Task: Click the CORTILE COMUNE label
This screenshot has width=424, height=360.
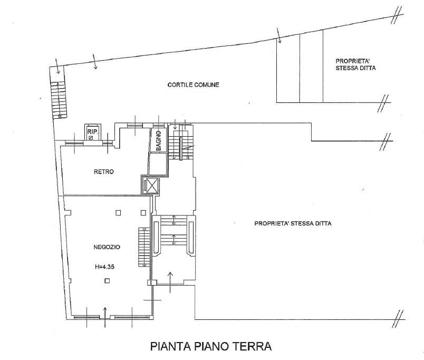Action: pyautogui.click(x=194, y=85)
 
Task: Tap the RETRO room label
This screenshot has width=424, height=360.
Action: pyautogui.click(x=104, y=172)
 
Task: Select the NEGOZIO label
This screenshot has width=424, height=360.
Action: pyautogui.click(x=107, y=247)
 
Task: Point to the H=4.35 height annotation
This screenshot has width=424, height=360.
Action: pyautogui.click(x=104, y=267)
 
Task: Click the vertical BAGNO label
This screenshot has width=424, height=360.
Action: pyautogui.click(x=158, y=140)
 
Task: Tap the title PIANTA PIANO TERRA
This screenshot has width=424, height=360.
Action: pyautogui.click(x=211, y=346)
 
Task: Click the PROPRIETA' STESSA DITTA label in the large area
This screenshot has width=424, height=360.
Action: pyautogui.click(x=293, y=224)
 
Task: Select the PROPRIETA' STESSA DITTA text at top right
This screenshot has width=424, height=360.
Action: pyautogui.click(x=355, y=64)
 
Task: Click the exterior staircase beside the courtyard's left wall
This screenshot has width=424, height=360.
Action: pyautogui.click(x=59, y=99)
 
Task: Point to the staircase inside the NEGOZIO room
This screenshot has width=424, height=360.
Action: pyautogui.click(x=144, y=247)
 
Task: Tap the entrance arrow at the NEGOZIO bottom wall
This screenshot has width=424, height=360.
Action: pyautogui.click(x=105, y=317)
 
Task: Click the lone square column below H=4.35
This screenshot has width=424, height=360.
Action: pyautogui.click(x=107, y=281)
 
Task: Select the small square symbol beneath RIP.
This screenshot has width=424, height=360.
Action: pyautogui.click(x=91, y=138)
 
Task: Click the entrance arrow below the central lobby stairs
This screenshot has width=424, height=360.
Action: pyautogui.click(x=170, y=282)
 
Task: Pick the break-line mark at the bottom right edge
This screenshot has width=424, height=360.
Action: pyautogui.click(x=397, y=319)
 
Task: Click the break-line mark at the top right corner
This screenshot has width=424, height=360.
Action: pyautogui.click(x=396, y=15)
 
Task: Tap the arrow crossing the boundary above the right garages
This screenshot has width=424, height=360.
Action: pyautogui.click(x=279, y=35)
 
